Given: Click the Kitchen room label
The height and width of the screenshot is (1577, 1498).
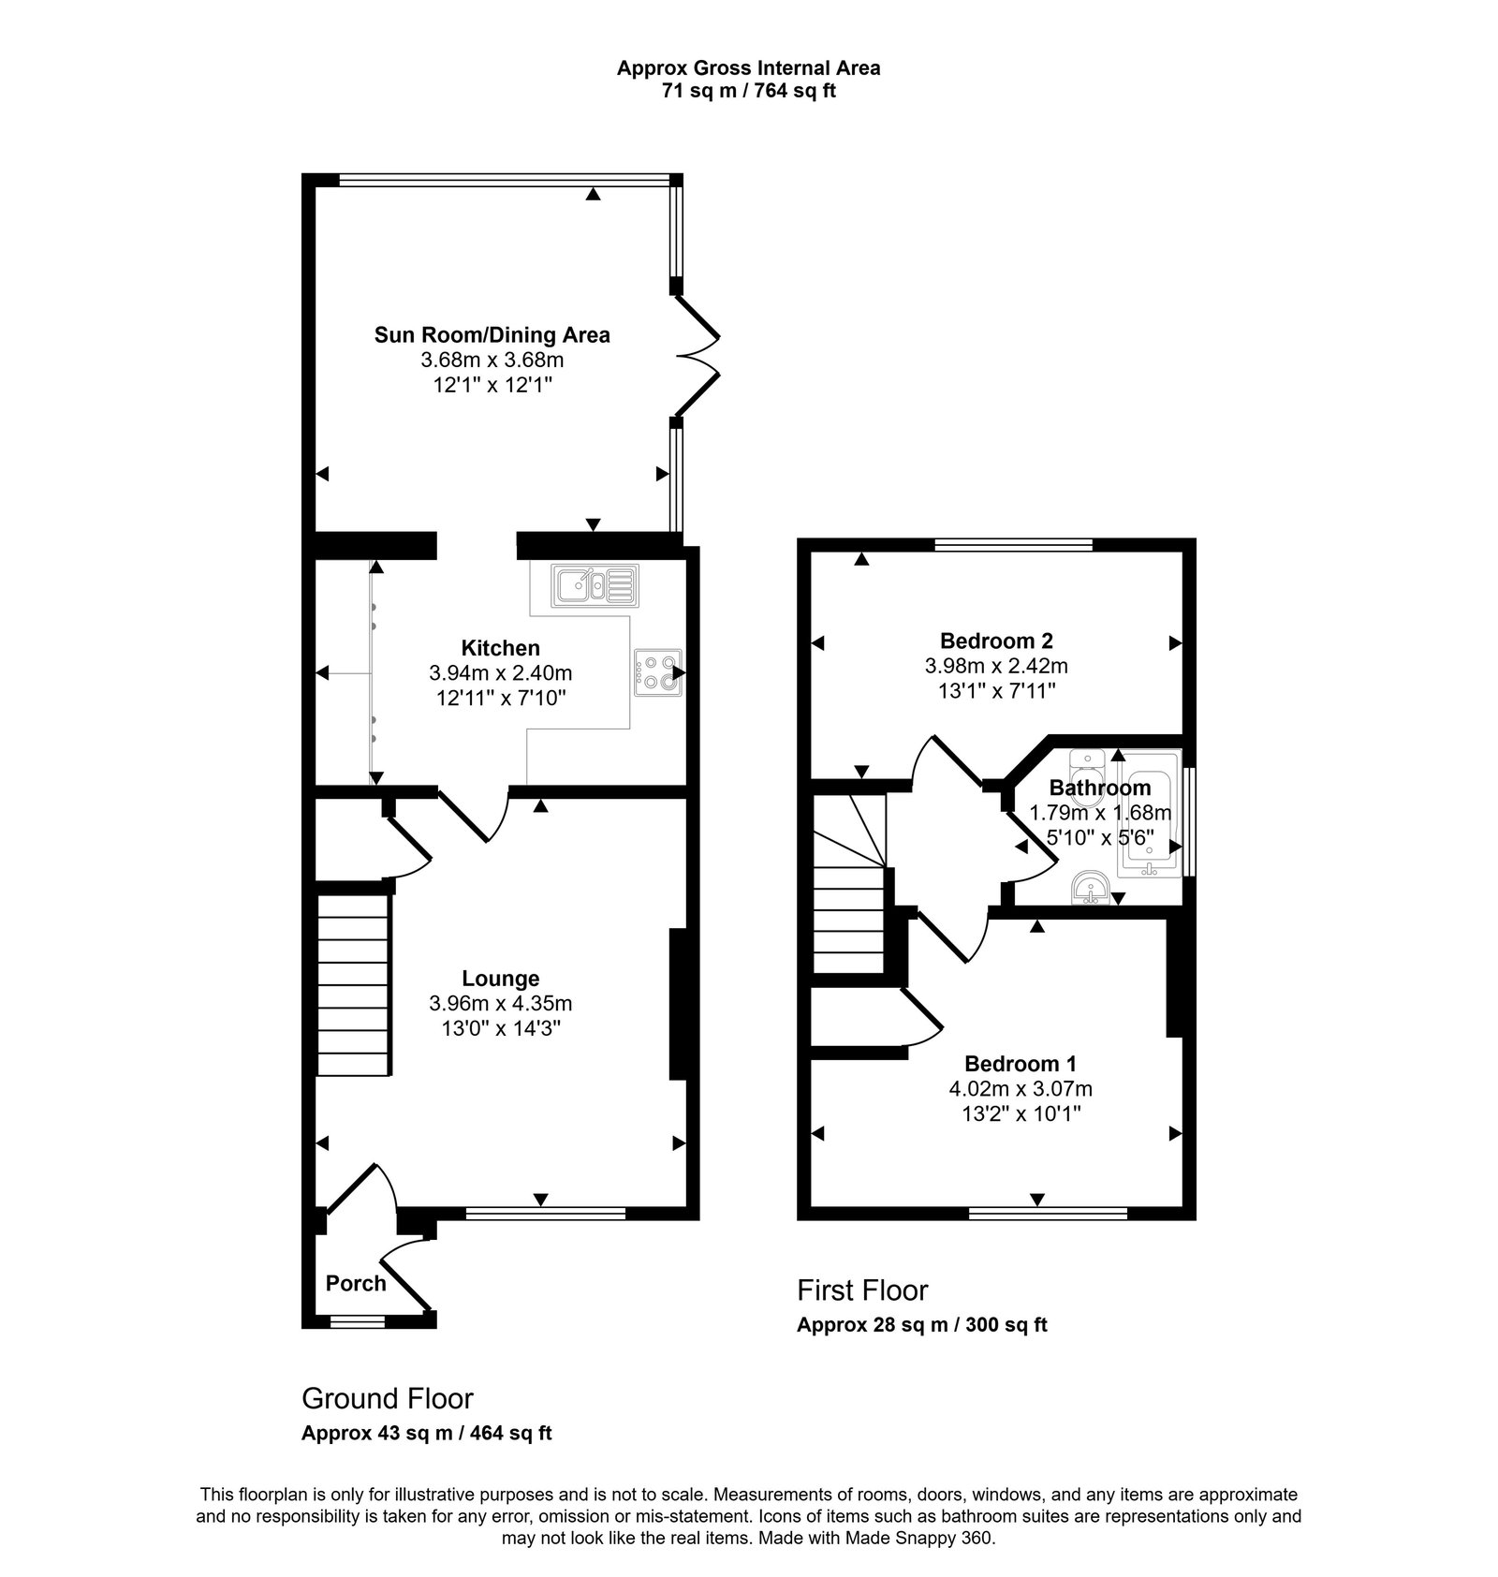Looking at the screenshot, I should point(500,648).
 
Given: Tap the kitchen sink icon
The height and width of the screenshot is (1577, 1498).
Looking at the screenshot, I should point(595,586).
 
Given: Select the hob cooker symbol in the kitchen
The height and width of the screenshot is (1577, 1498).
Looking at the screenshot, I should point(657,672).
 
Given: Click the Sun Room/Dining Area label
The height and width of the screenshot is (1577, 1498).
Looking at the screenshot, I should point(492,334).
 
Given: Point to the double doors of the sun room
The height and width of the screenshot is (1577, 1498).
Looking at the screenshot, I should point(697,356).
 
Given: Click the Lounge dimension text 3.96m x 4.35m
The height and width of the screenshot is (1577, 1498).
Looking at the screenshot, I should point(500,1003).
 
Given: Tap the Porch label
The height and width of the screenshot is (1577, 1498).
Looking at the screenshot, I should point(356,1283).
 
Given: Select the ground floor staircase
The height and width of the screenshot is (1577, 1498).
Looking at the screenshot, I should point(353,984).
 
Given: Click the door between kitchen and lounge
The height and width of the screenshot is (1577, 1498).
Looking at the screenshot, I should point(473,815).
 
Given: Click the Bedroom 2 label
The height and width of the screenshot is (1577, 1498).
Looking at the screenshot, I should point(996,641).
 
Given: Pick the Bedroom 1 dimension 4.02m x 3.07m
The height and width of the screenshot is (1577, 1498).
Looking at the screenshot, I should point(1020,1089).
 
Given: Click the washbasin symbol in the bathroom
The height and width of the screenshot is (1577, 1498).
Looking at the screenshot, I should point(1089,886).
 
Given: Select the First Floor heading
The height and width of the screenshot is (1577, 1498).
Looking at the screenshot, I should point(861,1290).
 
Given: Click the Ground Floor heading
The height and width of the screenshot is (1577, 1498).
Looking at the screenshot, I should point(387,1398).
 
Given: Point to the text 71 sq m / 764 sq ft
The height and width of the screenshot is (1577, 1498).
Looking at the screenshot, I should point(748,92).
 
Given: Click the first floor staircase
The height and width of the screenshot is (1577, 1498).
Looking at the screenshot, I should point(848,885).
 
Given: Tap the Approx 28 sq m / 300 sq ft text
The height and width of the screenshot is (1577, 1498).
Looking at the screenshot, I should point(921,1325).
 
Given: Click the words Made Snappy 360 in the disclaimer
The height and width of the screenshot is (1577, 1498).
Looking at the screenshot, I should point(917,1538).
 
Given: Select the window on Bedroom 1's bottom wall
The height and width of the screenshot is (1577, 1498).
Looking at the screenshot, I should point(1048,1214).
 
